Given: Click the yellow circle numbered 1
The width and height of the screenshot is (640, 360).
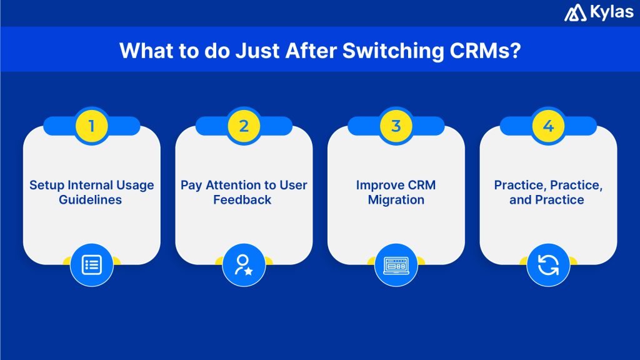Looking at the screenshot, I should coord(91,126).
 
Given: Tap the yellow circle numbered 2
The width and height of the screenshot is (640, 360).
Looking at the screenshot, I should coord(244,126).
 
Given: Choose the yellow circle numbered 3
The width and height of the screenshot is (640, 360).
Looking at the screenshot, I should coord(396,126).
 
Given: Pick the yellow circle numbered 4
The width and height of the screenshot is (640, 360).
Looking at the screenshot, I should coord(548,126).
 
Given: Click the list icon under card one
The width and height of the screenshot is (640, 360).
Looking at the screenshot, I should coord(91,264).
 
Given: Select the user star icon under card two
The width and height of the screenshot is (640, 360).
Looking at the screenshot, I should coord(244,264).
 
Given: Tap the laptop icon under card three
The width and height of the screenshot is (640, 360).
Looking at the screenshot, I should coord(396,264).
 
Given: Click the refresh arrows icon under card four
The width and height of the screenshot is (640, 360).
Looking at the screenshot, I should coord(548,264).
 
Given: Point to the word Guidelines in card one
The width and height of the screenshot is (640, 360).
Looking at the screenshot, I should coord(91,201).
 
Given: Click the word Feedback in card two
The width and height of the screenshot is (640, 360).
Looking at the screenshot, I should coord(244,201).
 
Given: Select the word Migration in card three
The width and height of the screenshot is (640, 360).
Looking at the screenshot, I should coord(396,201).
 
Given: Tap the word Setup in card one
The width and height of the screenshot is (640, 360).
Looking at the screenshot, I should coord(46,186).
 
